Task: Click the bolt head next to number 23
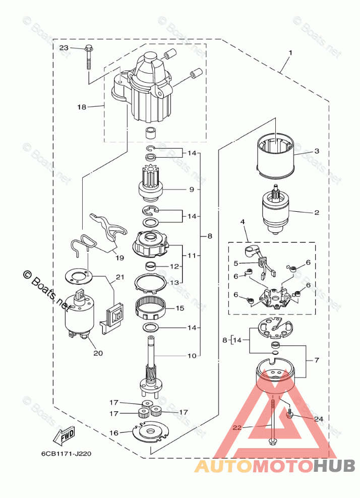click(x=89, y=48)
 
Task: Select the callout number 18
click(x=82, y=107)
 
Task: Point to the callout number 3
click(x=317, y=151)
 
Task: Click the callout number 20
click(x=98, y=353)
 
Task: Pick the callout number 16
click(x=114, y=432)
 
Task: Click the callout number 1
click(x=290, y=52)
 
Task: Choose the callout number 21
click(x=119, y=277)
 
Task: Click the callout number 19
click(x=119, y=258)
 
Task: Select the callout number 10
click(x=192, y=356)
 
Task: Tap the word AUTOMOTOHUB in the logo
click(x=274, y=465)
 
